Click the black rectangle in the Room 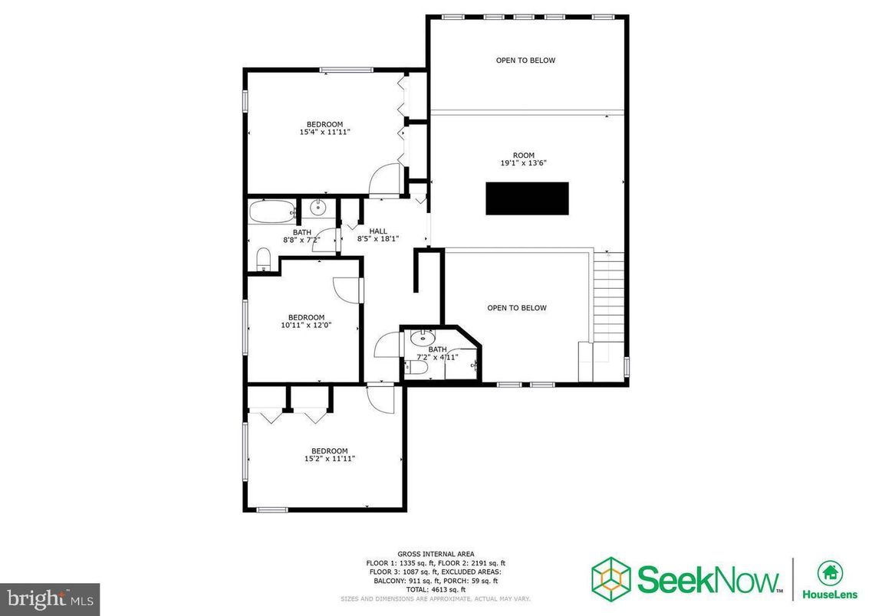(x=527, y=198)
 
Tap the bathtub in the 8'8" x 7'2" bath (x=271, y=211)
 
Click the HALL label (x=378, y=231)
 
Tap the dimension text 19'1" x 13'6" (x=523, y=163)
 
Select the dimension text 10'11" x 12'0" (x=306, y=326)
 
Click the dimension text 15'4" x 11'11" (x=325, y=133)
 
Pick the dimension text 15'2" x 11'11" (x=329, y=459)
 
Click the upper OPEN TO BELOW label (x=525, y=61)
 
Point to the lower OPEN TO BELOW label (x=517, y=308)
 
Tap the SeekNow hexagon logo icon (x=611, y=577)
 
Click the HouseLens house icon (x=828, y=572)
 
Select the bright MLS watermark (x=50, y=597)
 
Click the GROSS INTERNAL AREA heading (x=436, y=554)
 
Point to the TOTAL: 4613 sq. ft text (x=436, y=589)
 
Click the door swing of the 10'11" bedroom (x=347, y=290)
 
